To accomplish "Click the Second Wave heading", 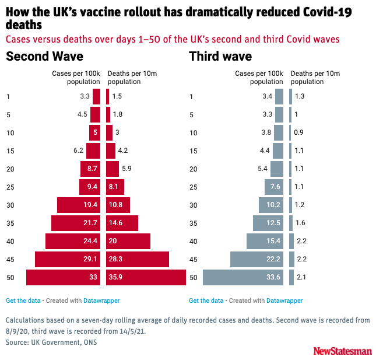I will (44, 57).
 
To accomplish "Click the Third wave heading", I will (220, 57).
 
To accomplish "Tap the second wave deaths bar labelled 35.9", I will (145, 278).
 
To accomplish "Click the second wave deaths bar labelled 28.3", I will (137, 260).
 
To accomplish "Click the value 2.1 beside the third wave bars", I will (301, 278).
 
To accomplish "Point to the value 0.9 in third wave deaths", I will (299, 133).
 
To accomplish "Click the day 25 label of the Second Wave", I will (10, 187).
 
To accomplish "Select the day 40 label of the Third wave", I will (194, 242).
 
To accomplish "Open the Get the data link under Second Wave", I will (23, 301).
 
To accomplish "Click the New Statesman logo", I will (342, 351).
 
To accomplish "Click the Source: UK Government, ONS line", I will (51, 342).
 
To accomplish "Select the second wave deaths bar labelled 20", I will (128, 242).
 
